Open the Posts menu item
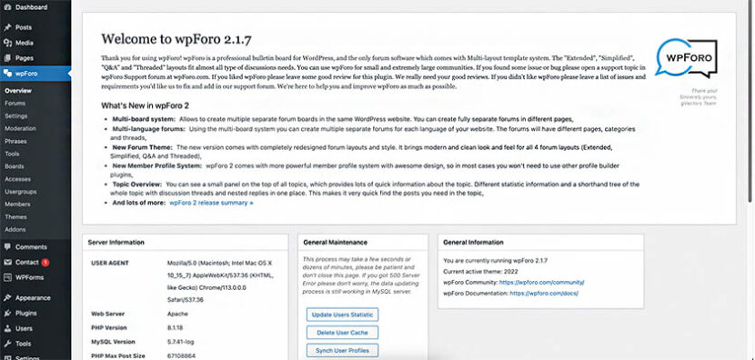[23, 27]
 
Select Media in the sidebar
[25, 43]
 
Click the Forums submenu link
[15, 104]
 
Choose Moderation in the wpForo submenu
[21, 129]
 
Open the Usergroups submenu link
[22, 192]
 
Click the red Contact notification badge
[45, 262]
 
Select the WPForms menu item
[29, 276]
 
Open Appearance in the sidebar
[33, 297]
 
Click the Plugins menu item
[26, 313]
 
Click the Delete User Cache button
[342, 333]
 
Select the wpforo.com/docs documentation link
[549, 295]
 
